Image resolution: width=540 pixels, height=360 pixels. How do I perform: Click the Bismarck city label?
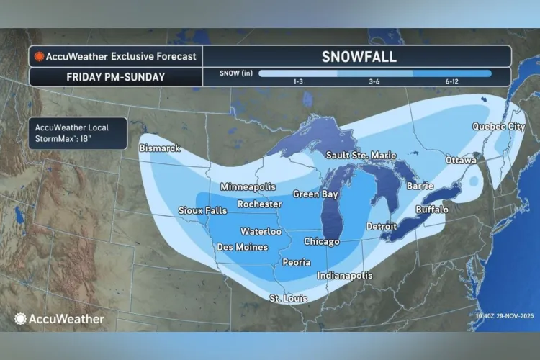pos(161,148)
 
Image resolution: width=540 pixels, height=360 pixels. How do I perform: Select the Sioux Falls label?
pos(202,210)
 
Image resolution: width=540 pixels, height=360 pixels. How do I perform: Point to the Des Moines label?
pos(243,247)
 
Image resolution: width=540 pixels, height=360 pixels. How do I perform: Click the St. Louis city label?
pos(288,298)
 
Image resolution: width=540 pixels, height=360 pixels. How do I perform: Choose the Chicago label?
pos(321,241)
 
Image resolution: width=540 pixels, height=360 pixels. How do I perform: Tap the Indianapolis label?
pos(345,275)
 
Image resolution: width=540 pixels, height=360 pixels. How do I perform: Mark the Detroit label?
pos(381,226)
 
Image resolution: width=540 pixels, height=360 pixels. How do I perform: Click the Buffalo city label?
pos(432,209)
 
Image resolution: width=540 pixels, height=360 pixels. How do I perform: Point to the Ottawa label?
pos(461,159)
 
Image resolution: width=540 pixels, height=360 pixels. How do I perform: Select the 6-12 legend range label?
pos(452,82)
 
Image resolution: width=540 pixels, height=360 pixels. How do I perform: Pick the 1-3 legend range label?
pos(297,82)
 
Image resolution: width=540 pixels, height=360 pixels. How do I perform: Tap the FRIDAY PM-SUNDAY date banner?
pos(115,76)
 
